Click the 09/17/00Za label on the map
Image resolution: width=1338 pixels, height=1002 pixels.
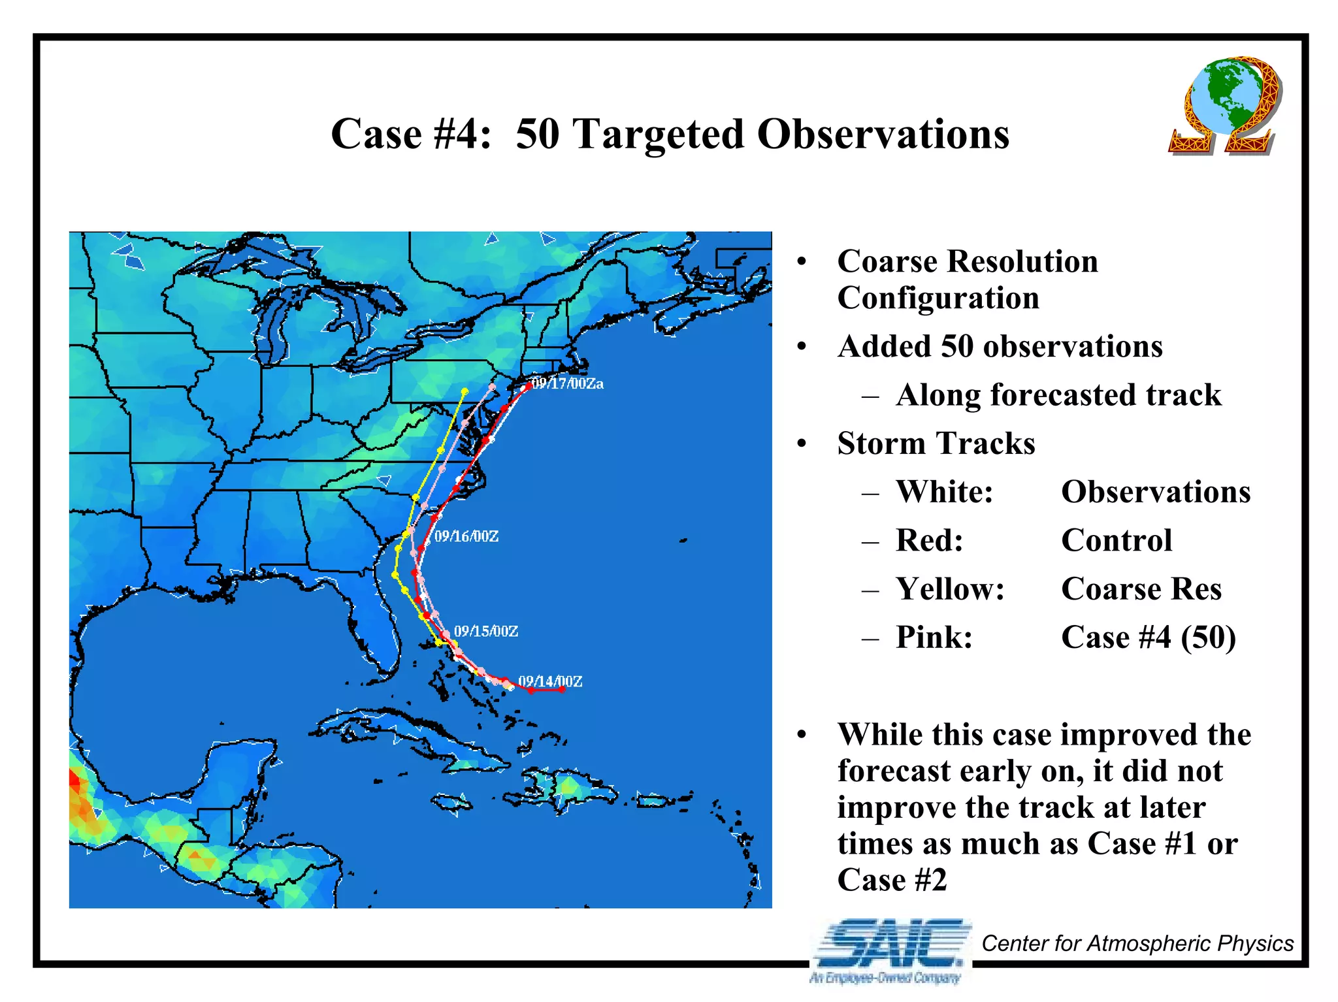tap(568, 383)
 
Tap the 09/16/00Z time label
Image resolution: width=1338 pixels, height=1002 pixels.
tap(466, 536)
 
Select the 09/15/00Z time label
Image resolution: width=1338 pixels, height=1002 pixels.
tap(486, 631)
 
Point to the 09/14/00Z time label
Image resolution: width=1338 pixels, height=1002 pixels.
tap(550, 681)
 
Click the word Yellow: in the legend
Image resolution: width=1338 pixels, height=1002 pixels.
tap(950, 589)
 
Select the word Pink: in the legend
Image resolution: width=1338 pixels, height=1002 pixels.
tap(934, 637)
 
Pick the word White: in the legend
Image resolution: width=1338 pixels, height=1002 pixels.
tap(945, 491)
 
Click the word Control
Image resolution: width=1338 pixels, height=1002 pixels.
tap(1117, 540)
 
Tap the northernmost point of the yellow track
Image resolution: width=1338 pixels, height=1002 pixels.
tap(465, 391)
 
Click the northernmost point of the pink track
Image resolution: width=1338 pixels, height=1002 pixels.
tap(493, 387)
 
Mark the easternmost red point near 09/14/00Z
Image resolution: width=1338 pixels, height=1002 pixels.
tap(562, 689)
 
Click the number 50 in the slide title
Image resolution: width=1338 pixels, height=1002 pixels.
tap(537, 134)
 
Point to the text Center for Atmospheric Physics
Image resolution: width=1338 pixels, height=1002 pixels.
tap(1137, 943)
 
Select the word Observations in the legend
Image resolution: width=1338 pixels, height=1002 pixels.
tap(1156, 491)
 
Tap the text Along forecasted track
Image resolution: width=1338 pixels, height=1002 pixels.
tap(1058, 395)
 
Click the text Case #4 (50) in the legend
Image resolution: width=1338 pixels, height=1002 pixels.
tap(1149, 637)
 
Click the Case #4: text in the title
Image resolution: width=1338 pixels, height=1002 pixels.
tap(411, 134)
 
